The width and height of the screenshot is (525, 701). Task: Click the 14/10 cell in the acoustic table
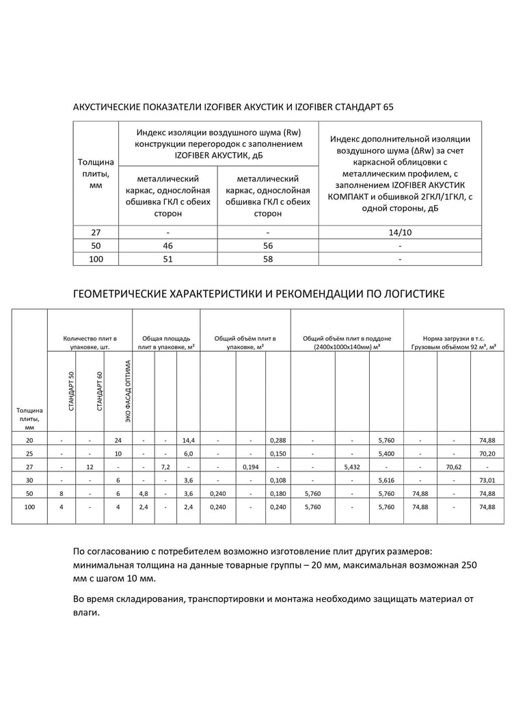[x=400, y=232]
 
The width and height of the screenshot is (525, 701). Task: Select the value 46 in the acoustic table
[x=167, y=245]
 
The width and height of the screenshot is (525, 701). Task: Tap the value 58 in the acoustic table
[x=268, y=259]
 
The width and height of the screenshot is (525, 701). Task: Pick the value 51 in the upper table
[x=167, y=259]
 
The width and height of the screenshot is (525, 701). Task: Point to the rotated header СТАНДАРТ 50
[x=72, y=391]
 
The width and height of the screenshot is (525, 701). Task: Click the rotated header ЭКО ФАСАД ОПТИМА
[x=128, y=391]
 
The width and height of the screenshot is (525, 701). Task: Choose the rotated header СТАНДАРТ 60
[x=100, y=391]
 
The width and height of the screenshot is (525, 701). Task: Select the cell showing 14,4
[x=188, y=439]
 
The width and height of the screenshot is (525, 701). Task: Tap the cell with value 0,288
[x=278, y=439]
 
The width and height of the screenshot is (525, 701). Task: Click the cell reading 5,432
[x=352, y=467]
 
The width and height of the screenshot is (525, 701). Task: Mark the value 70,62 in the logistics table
[x=453, y=467]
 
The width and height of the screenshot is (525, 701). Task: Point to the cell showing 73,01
[x=487, y=480]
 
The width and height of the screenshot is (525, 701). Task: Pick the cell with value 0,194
[x=250, y=467]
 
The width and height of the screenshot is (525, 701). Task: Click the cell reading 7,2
[x=165, y=467]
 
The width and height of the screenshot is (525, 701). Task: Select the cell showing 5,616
[x=386, y=480]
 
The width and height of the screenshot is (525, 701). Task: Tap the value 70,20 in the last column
[x=487, y=453]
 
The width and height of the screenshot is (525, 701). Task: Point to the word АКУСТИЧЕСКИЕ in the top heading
[x=103, y=107]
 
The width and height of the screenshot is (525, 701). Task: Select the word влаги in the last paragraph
[x=86, y=612]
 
